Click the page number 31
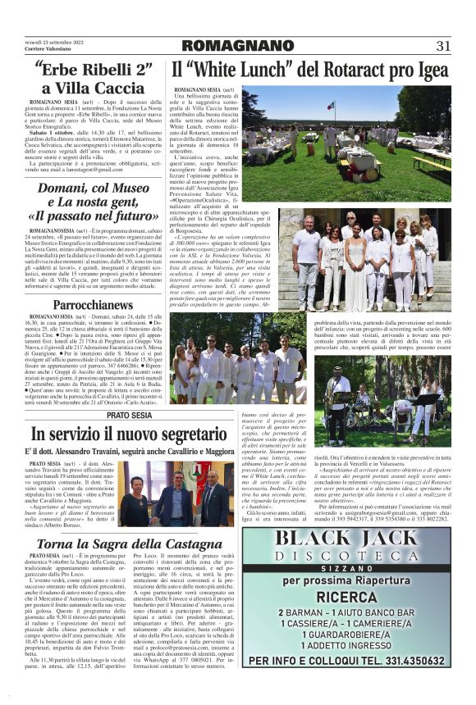click(x=443, y=45)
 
